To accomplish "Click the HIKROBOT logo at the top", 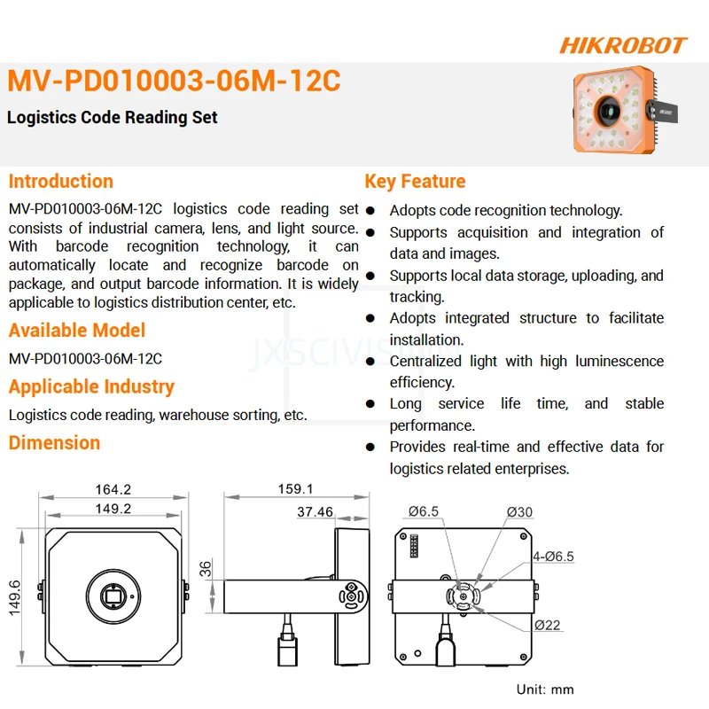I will pos(623,45).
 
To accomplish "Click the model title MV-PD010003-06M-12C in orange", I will pos(174,81).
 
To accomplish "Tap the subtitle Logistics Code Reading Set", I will pos(113,117).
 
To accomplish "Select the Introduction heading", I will pos(61,182).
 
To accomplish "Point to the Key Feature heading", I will pos(415,182).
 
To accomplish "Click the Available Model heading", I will pos(77,331).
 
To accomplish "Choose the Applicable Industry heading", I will pos(91,386).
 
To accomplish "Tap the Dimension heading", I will pos(54,442).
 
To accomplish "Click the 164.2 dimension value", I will pos(113,489).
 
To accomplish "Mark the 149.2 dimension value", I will pos(113,509).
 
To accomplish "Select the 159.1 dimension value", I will pos(296,489).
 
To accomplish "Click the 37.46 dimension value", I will pos(315,511).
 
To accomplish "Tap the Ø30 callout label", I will pos(519,511).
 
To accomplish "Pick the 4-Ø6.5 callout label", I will pos(553,556).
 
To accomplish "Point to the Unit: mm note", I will pos(545,689).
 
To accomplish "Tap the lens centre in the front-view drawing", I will pos(113,596).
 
